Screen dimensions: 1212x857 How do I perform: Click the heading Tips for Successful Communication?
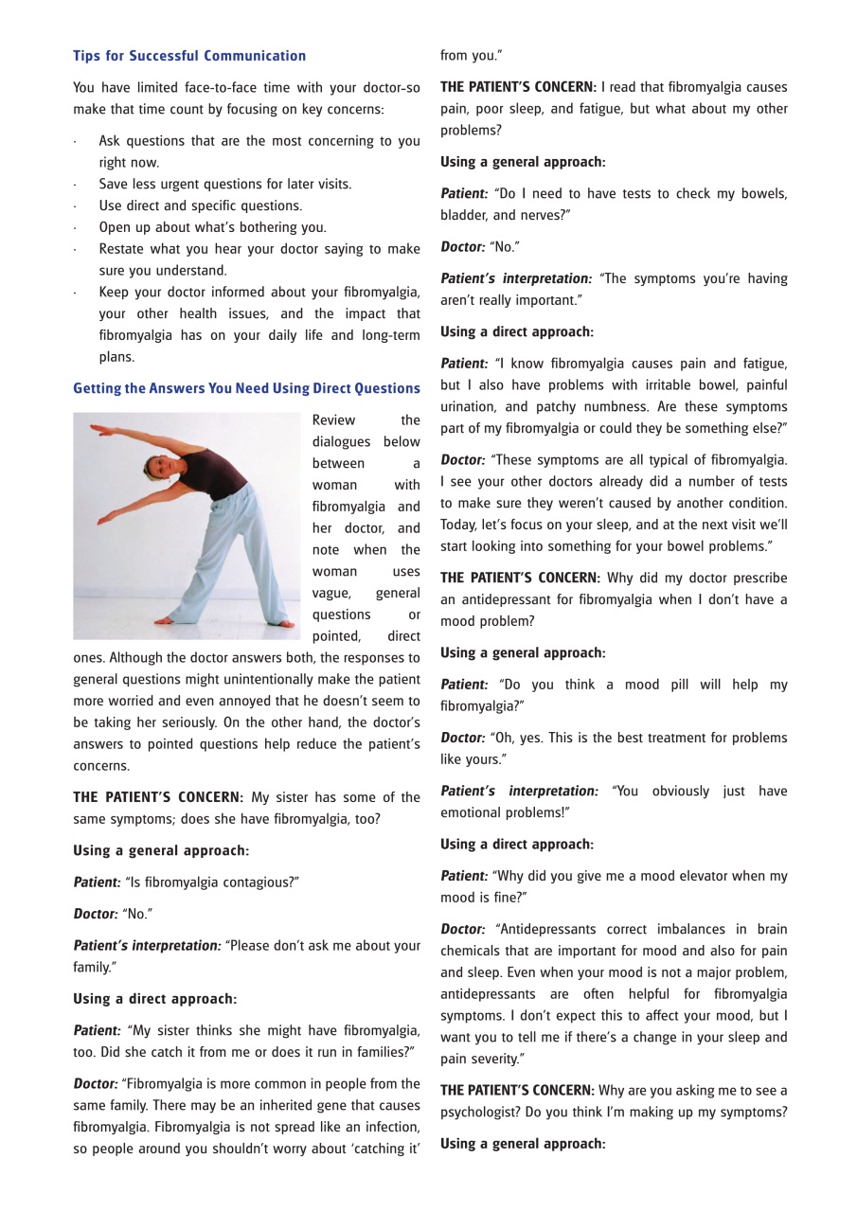(x=189, y=56)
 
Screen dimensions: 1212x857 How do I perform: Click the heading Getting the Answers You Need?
(x=246, y=388)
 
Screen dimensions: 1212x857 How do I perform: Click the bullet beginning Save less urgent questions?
(x=224, y=184)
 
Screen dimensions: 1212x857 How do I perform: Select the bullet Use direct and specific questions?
(x=200, y=205)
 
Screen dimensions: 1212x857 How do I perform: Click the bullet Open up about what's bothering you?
(x=212, y=227)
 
